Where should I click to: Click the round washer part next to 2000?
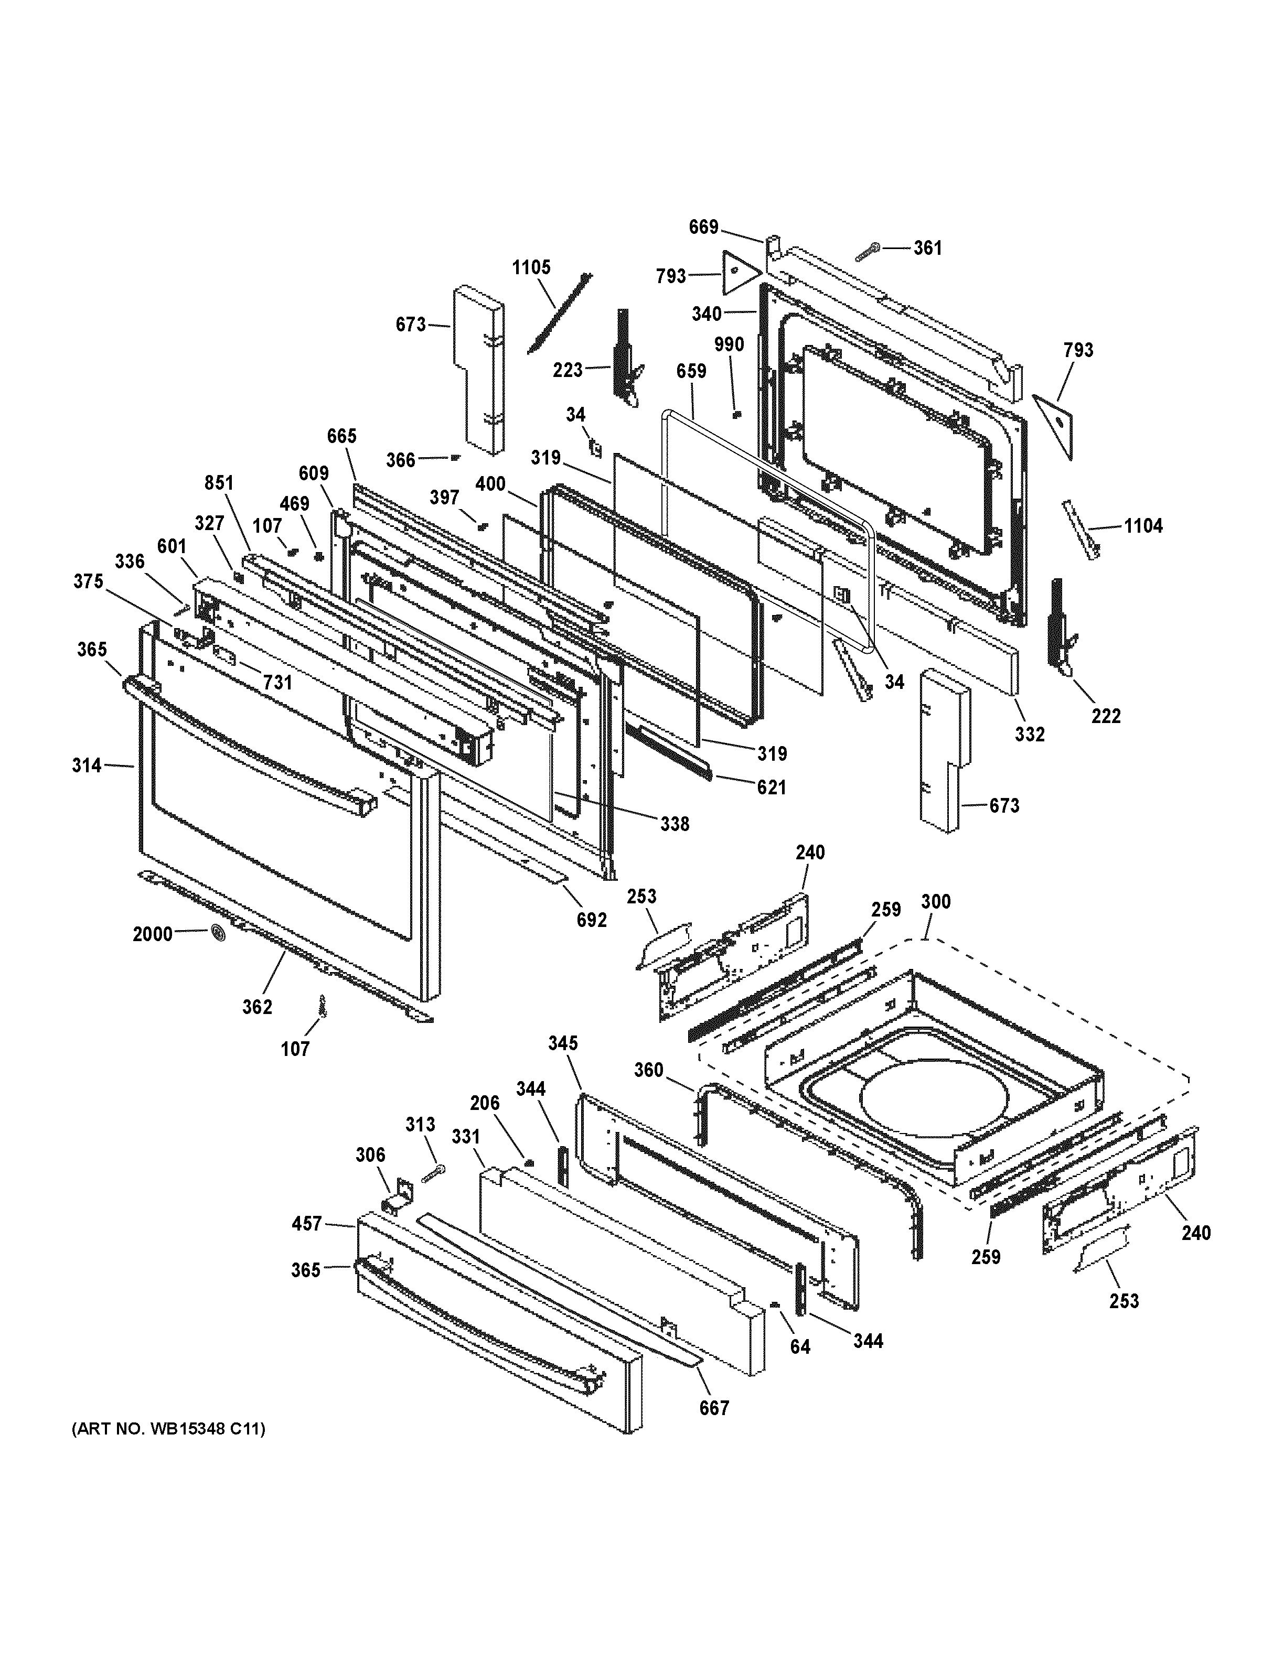(218, 933)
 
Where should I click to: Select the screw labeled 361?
(868, 252)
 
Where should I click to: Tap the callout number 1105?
(531, 268)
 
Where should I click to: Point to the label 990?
(728, 344)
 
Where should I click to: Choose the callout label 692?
(591, 920)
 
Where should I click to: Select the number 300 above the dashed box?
(935, 901)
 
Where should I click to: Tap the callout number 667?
(714, 1408)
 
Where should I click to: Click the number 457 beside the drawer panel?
(307, 1224)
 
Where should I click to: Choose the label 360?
(648, 1070)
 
